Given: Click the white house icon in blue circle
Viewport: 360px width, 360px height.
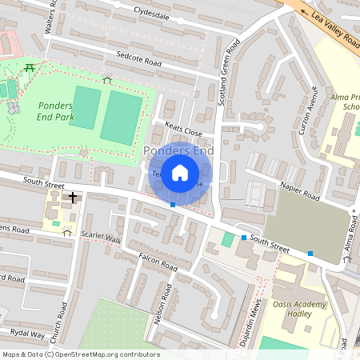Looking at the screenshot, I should click(180, 171).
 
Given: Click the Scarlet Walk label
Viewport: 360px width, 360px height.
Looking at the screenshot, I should click(102, 239).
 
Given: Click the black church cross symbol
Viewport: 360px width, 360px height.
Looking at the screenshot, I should click(73, 196).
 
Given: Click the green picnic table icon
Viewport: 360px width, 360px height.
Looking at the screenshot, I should click(29, 68).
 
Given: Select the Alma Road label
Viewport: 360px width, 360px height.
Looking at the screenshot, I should click(348, 240).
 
